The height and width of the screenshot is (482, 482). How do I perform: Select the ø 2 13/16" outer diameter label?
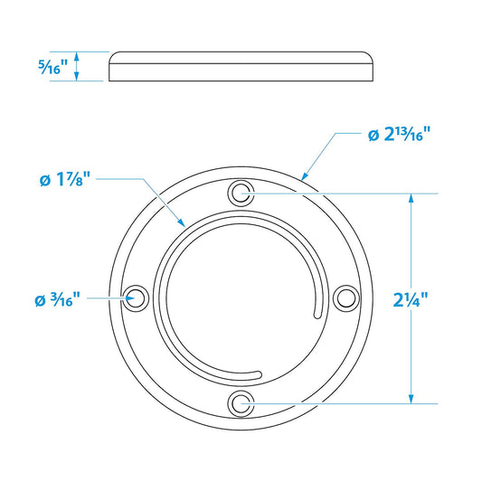pyautogui.click(x=399, y=134)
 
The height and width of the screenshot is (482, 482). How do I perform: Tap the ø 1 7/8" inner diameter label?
pyautogui.click(x=65, y=178)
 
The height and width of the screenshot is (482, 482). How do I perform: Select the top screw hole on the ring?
pyautogui.click(x=241, y=193)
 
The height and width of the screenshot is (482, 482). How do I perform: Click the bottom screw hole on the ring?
pyautogui.click(x=241, y=402)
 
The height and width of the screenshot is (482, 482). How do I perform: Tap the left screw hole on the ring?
pyautogui.click(x=136, y=298)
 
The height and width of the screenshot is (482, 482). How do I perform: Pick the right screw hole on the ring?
pyautogui.click(x=345, y=298)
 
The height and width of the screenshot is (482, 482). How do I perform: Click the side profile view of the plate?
pyautogui.click(x=241, y=66)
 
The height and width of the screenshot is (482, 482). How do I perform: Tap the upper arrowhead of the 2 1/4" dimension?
pyautogui.click(x=411, y=198)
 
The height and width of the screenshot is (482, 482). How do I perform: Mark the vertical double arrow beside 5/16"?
pyautogui.click(x=78, y=66)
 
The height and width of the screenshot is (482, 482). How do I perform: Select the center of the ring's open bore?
pyautogui.click(x=241, y=298)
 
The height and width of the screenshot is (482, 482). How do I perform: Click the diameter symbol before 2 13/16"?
pyautogui.click(x=373, y=135)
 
